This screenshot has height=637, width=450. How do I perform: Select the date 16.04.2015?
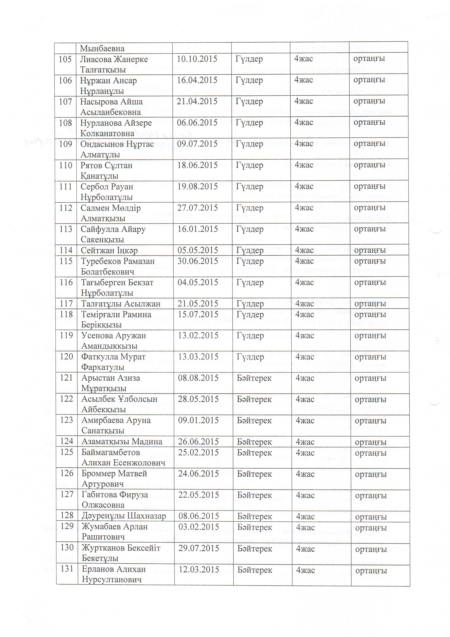point(197,80)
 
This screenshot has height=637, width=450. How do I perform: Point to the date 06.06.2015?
point(197,123)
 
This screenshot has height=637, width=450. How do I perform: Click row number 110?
point(66,165)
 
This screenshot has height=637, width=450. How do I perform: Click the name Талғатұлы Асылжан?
point(121,304)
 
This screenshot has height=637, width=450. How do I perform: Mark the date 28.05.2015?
point(198,399)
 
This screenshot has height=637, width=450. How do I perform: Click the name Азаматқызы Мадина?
point(122,442)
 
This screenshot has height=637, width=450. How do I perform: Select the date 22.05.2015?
point(199,495)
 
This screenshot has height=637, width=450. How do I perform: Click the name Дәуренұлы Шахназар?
point(124,516)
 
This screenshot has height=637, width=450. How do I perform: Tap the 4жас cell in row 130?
point(305,549)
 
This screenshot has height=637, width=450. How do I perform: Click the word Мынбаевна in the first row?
point(102,48)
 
